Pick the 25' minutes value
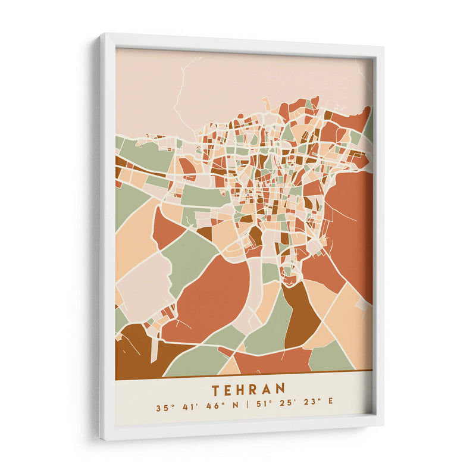point(286,408)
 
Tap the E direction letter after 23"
point(330,408)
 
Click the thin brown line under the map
point(244,374)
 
